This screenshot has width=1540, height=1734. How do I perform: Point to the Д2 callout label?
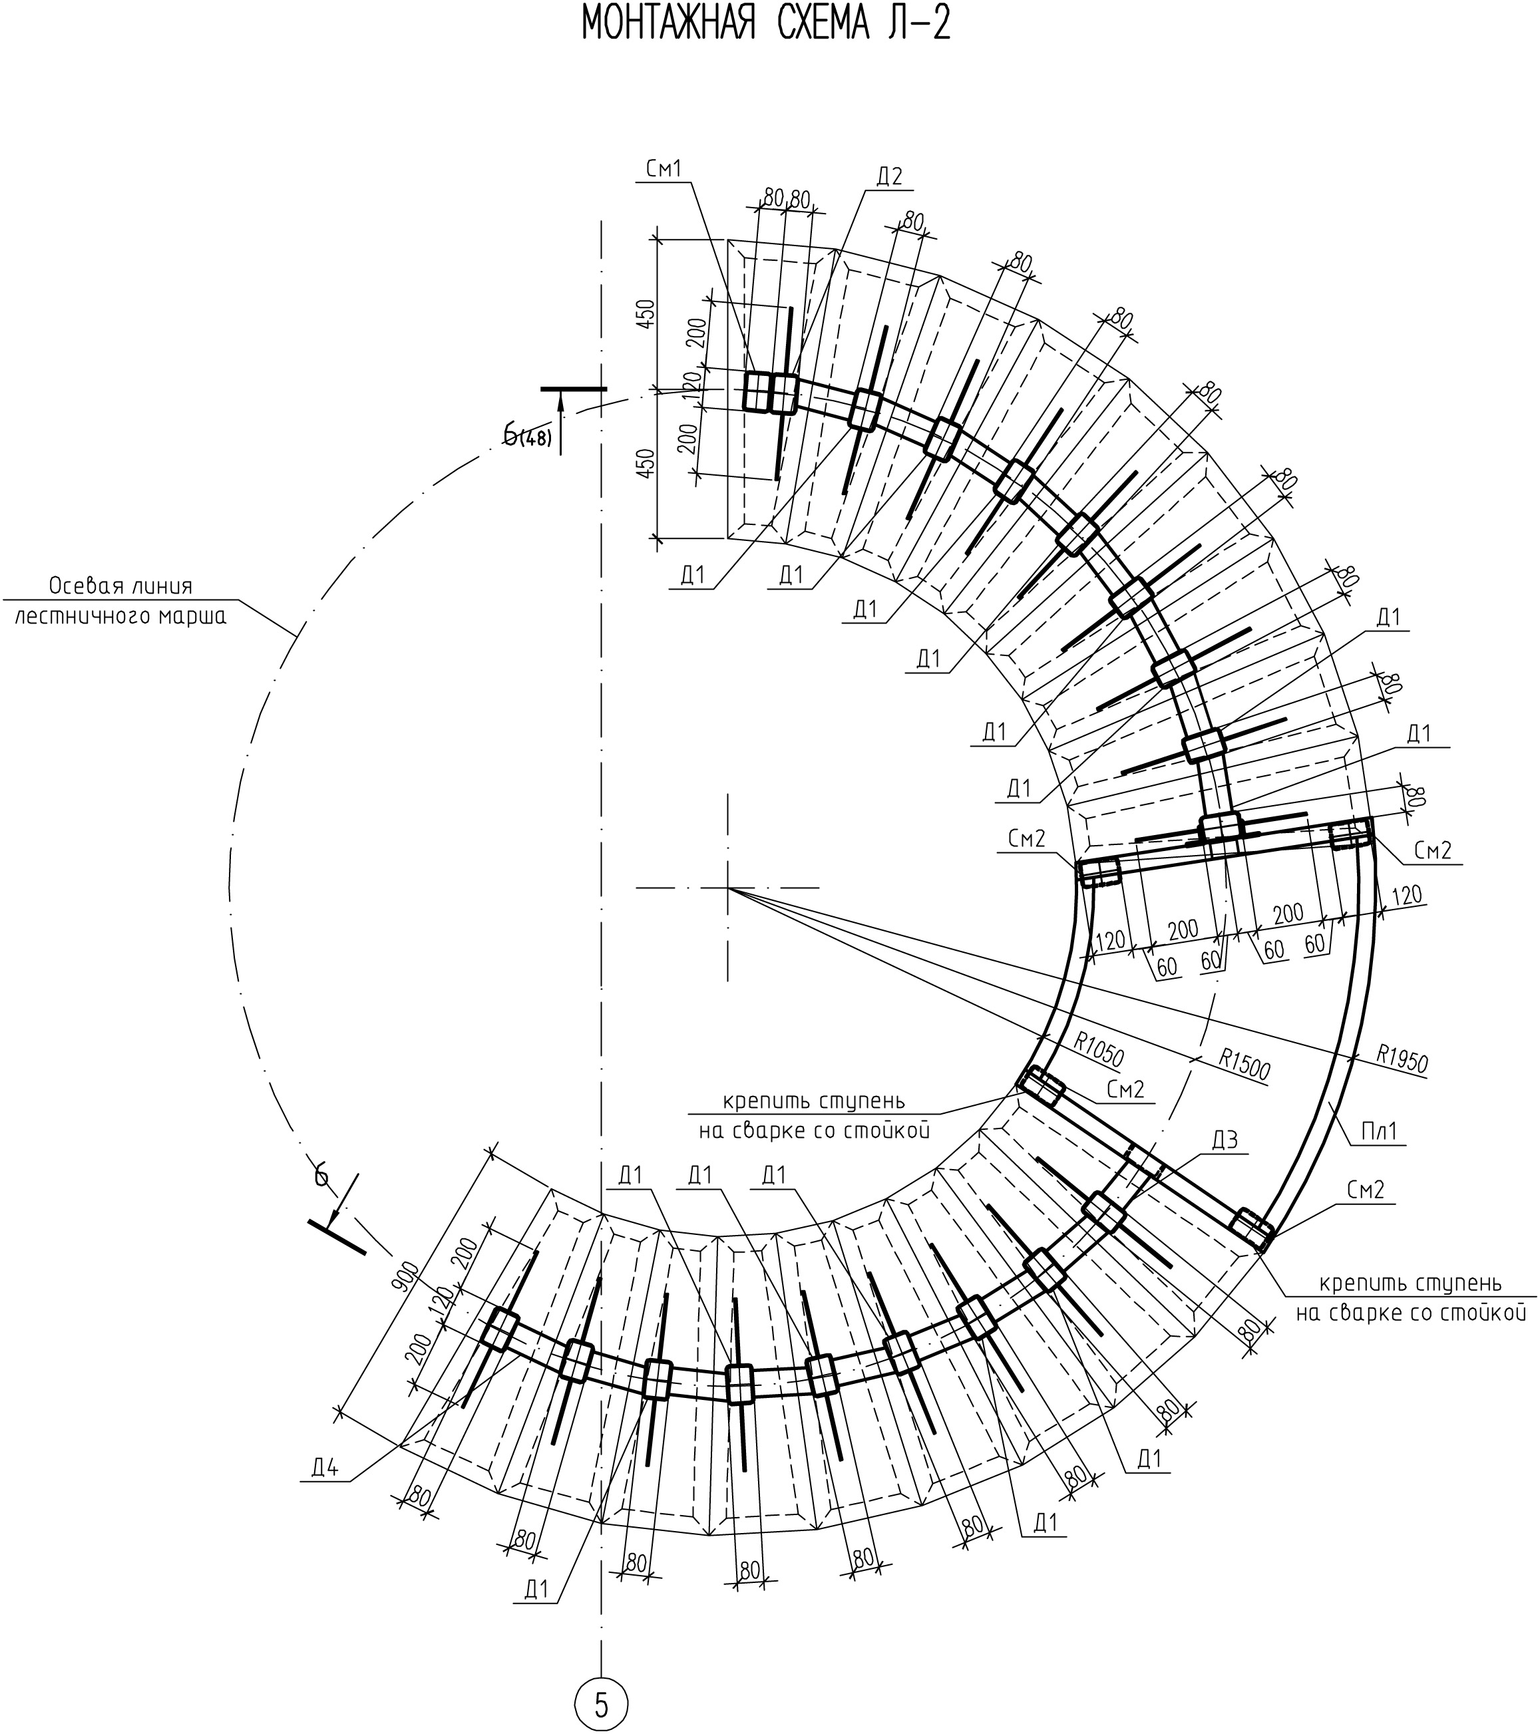(x=888, y=176)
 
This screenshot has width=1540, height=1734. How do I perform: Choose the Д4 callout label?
(x=325, y=1469)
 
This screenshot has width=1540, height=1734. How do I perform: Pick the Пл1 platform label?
(x=1379, y=1132)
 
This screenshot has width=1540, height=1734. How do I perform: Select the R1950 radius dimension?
(x=1402, y=1059)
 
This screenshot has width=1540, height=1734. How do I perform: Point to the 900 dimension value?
(x=405, y=1278)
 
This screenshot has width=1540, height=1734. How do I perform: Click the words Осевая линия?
(x=120, y=586)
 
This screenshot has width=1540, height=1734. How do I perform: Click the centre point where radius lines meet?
(x=727, y=888)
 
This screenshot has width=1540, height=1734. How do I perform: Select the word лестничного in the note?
(x=74, y=616)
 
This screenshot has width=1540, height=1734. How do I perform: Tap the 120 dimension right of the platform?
(x=1406, y=894)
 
